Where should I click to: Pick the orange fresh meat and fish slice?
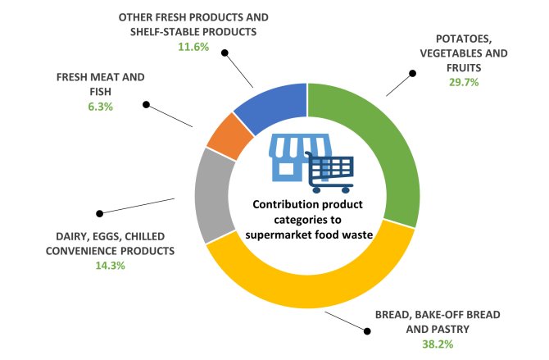tap(224, 135)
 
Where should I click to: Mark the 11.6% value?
tap(193, 47)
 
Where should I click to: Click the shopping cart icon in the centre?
tap(331, 171)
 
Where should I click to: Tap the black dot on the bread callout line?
tap(366, 330)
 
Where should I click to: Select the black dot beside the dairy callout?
tap(99, 212)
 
